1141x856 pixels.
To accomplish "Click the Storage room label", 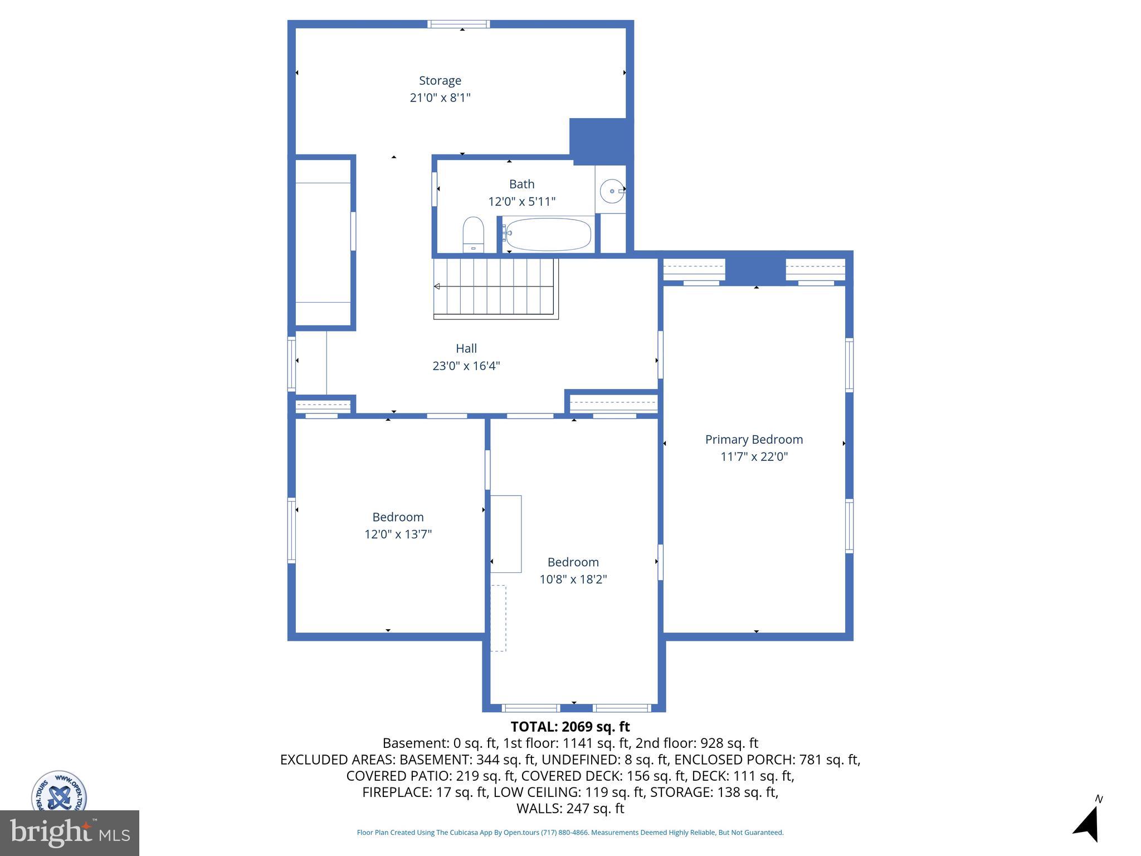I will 440,81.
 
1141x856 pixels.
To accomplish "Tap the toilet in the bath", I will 473,235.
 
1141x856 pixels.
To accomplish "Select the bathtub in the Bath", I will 548,235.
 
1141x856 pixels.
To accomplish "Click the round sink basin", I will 611,191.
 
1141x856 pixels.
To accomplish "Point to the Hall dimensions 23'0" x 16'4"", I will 466,366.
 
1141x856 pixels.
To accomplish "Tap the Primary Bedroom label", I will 754,440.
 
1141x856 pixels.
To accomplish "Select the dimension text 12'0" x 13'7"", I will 398,534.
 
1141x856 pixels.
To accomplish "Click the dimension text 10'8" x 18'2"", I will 573,580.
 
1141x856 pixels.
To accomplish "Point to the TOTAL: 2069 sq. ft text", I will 570,727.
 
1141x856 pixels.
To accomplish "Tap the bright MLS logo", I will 70,833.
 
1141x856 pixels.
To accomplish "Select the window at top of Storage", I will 459,24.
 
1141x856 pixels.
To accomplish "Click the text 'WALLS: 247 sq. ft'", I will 570,809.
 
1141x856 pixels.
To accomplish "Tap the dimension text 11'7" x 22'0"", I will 754,457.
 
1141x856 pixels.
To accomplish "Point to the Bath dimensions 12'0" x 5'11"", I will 521,202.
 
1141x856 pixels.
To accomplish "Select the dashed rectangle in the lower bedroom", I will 498,618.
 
